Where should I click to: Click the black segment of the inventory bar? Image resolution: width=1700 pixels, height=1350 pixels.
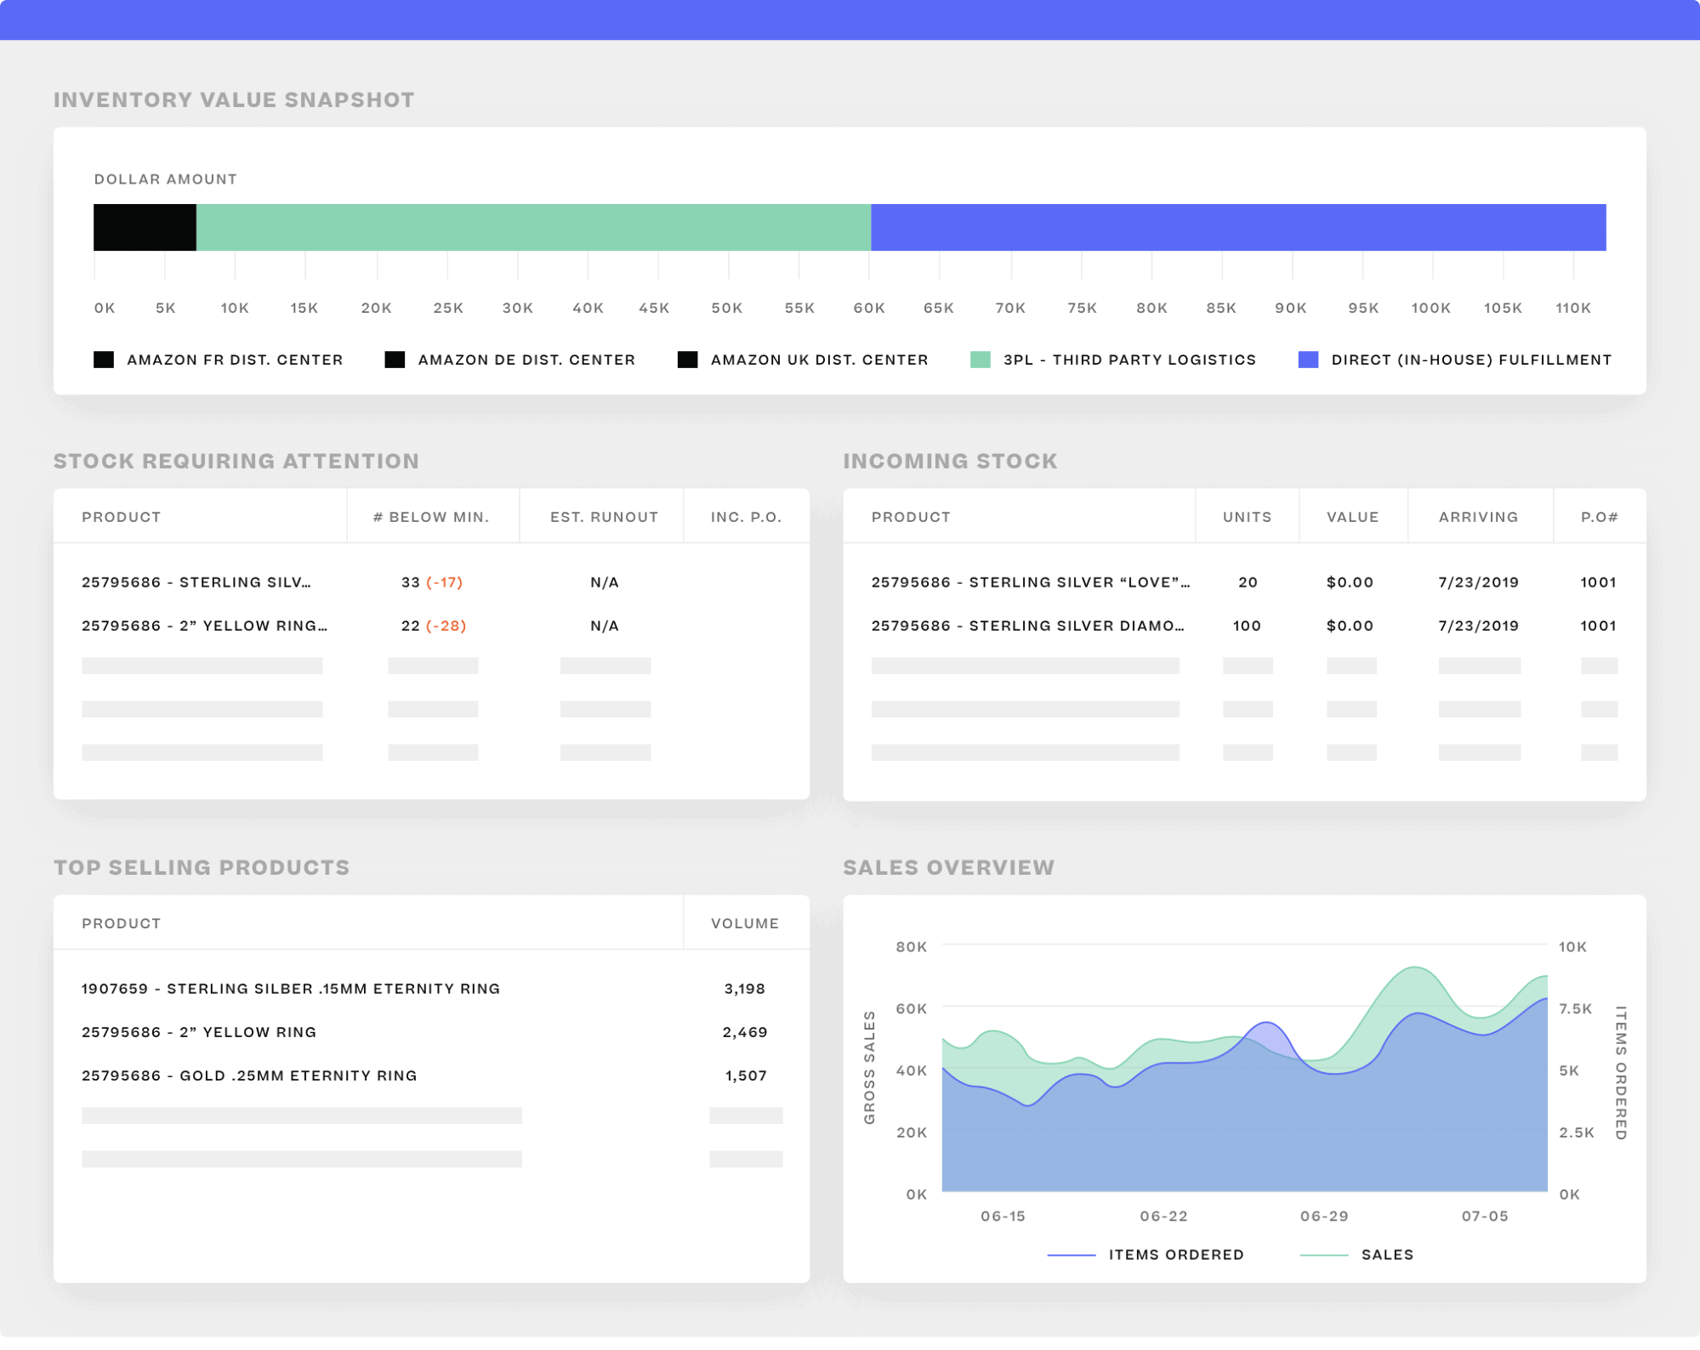pyautogui.click(x=145, y=227)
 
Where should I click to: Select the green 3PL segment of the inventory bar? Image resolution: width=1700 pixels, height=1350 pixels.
pyautogui.click(x=533, y=227)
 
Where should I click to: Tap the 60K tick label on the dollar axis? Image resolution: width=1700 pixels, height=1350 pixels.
pyautogui.click(x=869, y=308)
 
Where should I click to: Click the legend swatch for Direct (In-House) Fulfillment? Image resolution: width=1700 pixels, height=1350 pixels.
pyautogui.click(x=1308, y=360)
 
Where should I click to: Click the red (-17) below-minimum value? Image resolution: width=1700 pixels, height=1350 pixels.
pyautogui.click(x=445, y=582)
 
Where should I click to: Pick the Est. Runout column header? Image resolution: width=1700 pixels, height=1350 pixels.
pyautogui.click(x=604, y=517)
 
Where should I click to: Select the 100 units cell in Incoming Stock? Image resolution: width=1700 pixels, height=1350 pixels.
pyautogui.click(x=1247, y=626)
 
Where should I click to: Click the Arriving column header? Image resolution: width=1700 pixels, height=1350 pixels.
pyautogui.click(x=1478, y=517)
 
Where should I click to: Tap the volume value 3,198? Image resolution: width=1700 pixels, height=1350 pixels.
pyautogui.click(x=744, y=989)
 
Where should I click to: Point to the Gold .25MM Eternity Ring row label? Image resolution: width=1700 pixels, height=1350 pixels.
pyautogui.click(x=249, y=1075)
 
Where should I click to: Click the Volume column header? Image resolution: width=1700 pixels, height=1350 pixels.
pyautogui.click(x=744, y=923)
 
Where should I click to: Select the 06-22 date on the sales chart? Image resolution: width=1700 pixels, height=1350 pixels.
pyautogui.click(x=1163, y=1217)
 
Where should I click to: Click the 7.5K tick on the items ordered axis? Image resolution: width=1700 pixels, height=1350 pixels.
pyautogui.click(x=1575, y=1008)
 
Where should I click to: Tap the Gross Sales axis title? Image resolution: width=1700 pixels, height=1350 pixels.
pyautogui.click(x=869, y=1068)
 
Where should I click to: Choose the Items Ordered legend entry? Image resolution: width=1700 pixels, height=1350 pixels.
pyautogui.click(x=1175, y=1255)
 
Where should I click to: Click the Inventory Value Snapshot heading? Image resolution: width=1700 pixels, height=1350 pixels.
pyautogui.click(x=234, y=99)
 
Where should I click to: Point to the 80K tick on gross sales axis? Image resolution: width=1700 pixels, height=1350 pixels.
pyautogui.click(x=911, y=947)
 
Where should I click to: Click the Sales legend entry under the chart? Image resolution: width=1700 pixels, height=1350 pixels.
pyautogui.click(x=1386, y=1255)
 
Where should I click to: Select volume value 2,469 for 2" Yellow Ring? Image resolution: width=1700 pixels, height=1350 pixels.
pyautogui.click(x=744, y=1032)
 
